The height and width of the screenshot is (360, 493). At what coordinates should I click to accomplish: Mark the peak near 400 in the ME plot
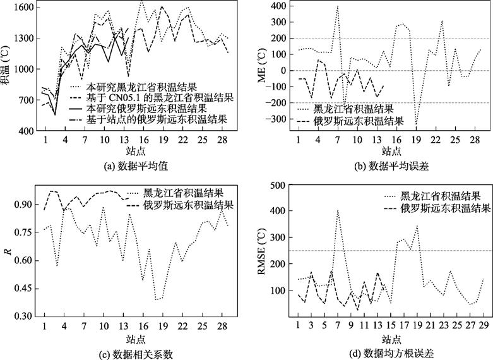point(338,7)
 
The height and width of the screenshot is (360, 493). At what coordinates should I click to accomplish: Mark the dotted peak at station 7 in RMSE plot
point(338,210)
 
